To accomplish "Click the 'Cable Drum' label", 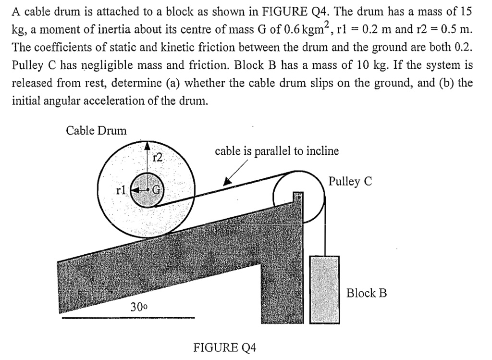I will [96, 130].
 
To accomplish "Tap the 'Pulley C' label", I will [350, 181].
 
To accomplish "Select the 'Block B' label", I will [367, 293].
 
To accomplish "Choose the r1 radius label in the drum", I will [122, 190].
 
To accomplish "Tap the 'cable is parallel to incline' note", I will [277, 151].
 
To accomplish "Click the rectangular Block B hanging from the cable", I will [325, 288].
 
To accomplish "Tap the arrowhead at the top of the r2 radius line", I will [148, 145].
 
